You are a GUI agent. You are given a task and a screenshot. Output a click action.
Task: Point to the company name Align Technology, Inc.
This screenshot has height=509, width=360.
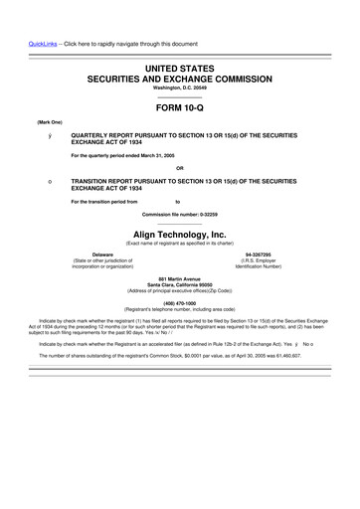(x=180, y=234)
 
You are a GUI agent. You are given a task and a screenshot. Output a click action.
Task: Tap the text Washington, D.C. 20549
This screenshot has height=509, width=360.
(x=179, y=87)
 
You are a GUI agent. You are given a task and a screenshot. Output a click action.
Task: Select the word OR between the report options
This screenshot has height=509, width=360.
(x=180, y=167)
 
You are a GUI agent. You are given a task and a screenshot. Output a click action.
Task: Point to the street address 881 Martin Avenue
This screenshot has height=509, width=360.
(x=179, y=278)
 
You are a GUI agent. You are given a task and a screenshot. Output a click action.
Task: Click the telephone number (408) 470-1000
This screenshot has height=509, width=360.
(x=179, y=302)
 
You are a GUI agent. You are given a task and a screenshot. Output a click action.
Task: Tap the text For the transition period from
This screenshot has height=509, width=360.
(x=104, y=202)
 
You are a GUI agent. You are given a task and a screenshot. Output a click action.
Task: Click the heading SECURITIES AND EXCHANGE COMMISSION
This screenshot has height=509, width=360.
(x=179, y=77)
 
